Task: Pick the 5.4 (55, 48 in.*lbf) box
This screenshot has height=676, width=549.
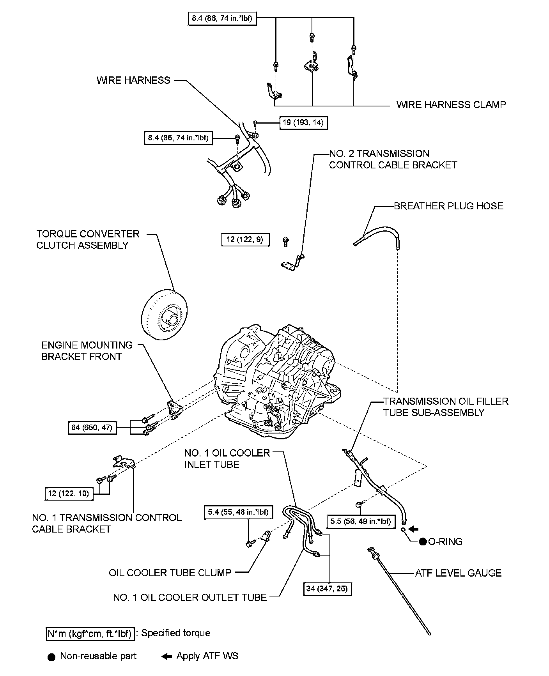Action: point(238,512)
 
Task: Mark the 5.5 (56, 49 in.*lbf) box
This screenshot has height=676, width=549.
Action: point(361,521)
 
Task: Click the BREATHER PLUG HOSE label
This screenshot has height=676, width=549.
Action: point(448,206)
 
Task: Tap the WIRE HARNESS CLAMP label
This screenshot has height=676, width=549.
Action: point(451,104)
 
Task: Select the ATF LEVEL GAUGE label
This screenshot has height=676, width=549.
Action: point(458,573)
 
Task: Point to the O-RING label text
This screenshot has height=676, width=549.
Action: point(445,542)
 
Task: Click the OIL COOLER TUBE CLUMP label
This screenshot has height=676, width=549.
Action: point(170,573)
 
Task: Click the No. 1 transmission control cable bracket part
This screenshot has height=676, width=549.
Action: point(123,462)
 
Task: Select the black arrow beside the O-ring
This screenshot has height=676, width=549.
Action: point(413,529)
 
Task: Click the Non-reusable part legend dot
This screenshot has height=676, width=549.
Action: point(51,657)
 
